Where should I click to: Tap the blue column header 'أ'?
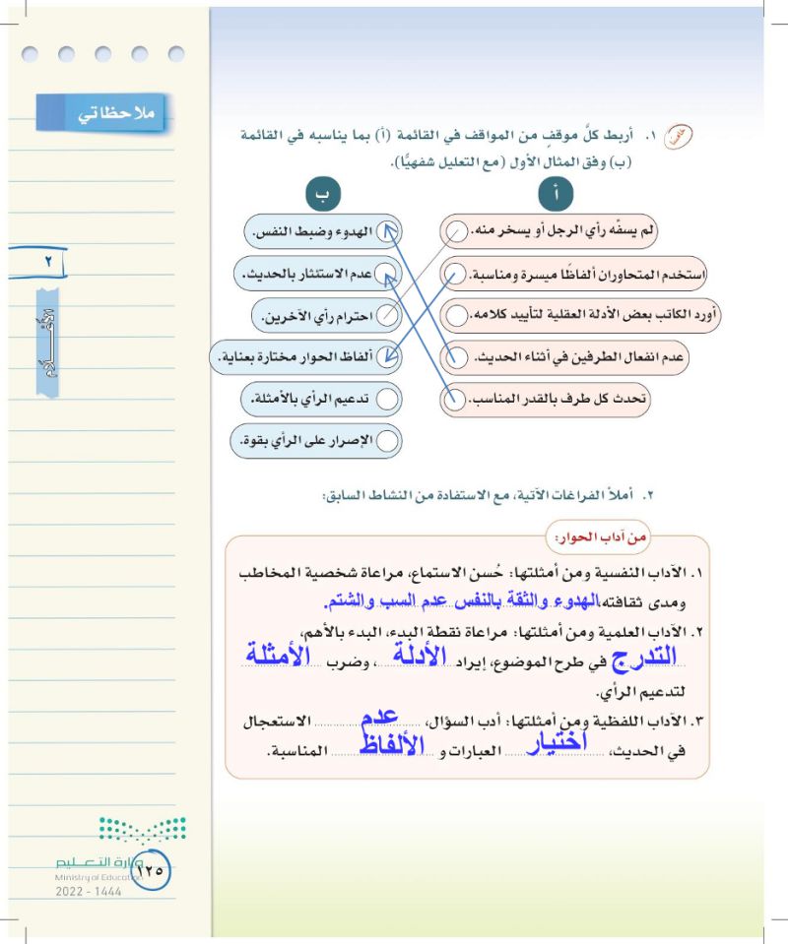[557, 194]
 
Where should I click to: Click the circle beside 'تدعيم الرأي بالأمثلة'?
[388, 399]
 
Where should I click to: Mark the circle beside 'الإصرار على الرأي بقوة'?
[388, 441]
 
